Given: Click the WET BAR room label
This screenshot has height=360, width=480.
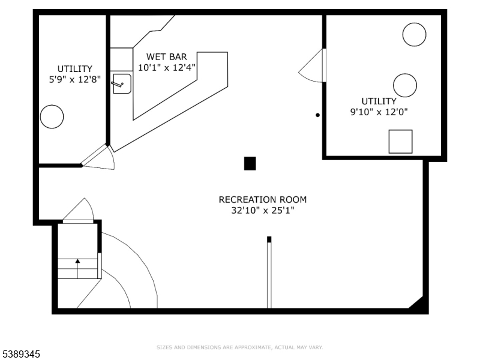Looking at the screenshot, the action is click(167, 56).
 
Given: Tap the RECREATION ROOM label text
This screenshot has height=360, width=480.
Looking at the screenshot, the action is click(263, 200).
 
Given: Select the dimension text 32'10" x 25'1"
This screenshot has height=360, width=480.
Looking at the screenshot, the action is click(263, 211).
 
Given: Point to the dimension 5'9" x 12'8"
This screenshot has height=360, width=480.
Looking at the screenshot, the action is click(74, 80).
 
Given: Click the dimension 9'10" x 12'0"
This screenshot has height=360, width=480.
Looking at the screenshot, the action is click(379, 112).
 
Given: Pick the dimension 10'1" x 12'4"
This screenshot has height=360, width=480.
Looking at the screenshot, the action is click(167, 67).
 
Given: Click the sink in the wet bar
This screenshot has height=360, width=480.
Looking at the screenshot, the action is click(122, 83).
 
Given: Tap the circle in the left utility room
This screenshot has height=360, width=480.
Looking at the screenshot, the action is click(52, 116).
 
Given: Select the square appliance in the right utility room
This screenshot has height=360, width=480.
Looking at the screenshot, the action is click(400, 142).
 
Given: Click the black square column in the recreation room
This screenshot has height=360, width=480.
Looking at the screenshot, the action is click(250, 163).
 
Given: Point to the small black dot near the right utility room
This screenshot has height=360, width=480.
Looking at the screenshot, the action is click(318, 115).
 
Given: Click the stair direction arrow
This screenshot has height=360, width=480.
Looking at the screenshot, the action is click(78, 268).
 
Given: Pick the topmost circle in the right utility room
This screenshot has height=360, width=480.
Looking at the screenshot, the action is click(414, 35).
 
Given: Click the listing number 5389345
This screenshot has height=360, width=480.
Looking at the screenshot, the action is click(20, 354).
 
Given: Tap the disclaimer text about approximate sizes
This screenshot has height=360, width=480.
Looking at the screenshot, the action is click(239, 347).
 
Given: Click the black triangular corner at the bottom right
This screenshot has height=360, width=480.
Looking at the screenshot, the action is click(418, 303).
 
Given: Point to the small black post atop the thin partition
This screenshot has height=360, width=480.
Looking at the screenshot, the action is click(269, 239).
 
